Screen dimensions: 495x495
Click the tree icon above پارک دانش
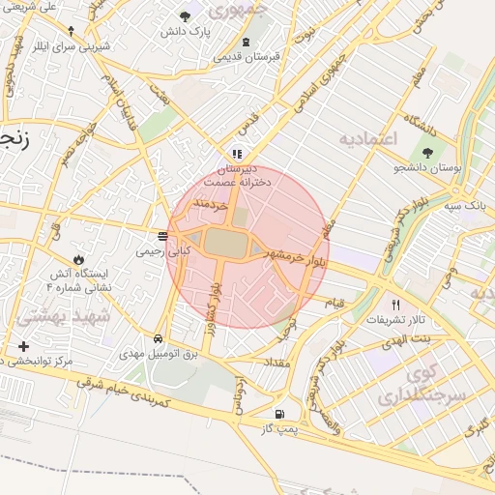tap(185, 15)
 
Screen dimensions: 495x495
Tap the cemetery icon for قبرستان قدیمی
tap(246, 42)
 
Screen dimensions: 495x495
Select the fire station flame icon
tap(78, 260)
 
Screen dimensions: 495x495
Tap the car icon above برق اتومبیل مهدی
tap(157, 339)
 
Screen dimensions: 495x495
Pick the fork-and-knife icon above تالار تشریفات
tap(394, 304)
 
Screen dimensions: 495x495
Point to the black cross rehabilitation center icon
tap(23, 346)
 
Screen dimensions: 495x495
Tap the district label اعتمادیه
tap(367, 140)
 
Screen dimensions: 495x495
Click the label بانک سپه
tap(471, 206)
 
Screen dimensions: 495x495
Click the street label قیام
tap(334, 303)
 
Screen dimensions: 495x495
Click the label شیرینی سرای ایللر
tap(76, 45)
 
